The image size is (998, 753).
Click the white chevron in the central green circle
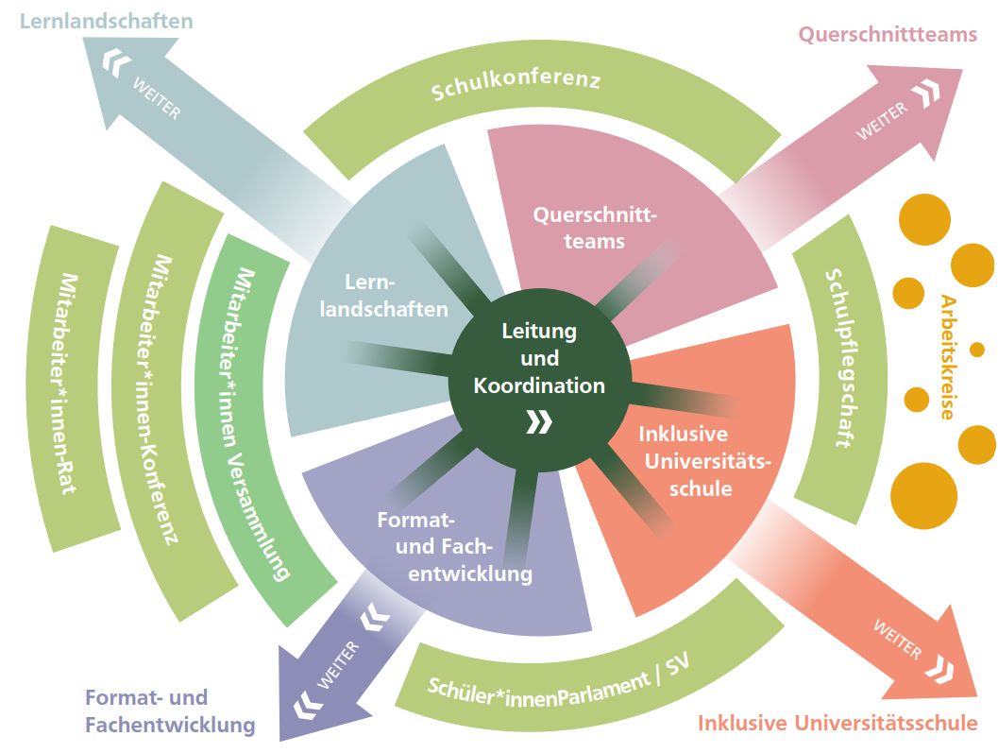point(539,421)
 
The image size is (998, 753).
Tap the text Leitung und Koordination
point(539,359)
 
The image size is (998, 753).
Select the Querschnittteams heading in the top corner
point(887,35)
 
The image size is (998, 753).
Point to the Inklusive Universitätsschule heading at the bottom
point(837,723)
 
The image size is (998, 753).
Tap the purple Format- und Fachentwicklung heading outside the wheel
point(169,711)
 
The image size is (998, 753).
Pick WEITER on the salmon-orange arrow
point(897,638)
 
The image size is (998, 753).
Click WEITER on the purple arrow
point(337,664)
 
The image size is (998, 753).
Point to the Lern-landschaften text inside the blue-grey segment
point(382,296)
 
